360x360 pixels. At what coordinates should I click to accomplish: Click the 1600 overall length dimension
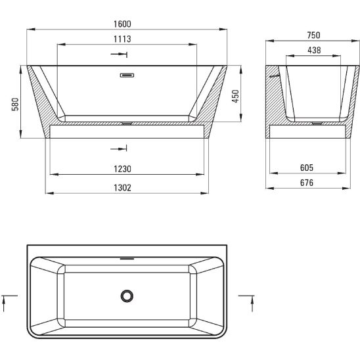click(122, 24)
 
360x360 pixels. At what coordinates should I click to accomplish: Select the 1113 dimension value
click(122, 39)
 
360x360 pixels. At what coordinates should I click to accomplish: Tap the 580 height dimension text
click(15, 104)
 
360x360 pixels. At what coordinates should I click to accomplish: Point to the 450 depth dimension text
click(236, 96)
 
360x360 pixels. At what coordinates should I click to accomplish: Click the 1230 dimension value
click(122, 169)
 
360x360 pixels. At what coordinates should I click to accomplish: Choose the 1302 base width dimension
click(122, 188)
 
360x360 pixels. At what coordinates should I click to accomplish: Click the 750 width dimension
click(313, 35)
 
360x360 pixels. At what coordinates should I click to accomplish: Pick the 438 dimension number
click(314, 50)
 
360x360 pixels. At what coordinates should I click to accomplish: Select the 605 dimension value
click(307, 168)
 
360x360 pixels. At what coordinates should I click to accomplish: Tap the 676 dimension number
click(307, 183)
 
